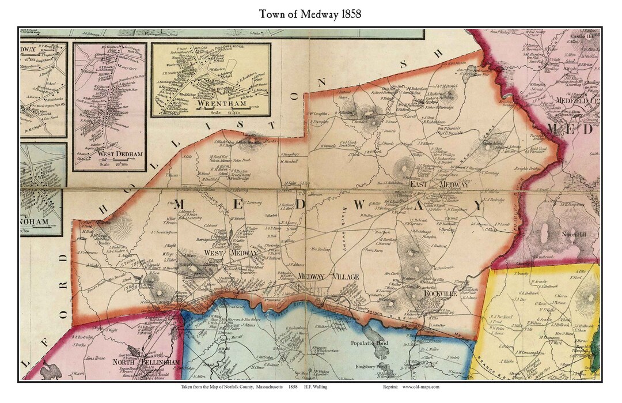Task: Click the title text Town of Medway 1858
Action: (x=310, y=14)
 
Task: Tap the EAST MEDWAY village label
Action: (x=439, y=184)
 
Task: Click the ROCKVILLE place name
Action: (x=441, y=293)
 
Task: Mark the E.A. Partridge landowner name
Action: (x=495, y=200)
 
